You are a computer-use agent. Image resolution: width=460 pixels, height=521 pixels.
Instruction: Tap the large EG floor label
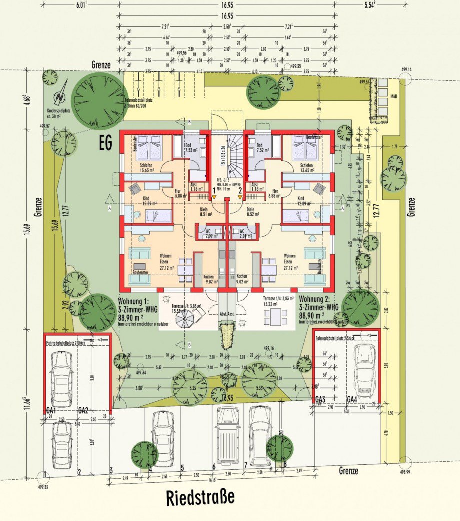point(105,144)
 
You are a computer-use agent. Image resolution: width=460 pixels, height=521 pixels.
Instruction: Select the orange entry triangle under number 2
point(240,197)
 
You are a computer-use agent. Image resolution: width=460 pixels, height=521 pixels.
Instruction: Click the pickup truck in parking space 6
point(227,434)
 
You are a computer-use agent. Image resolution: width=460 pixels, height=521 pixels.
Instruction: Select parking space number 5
point(182,468)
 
